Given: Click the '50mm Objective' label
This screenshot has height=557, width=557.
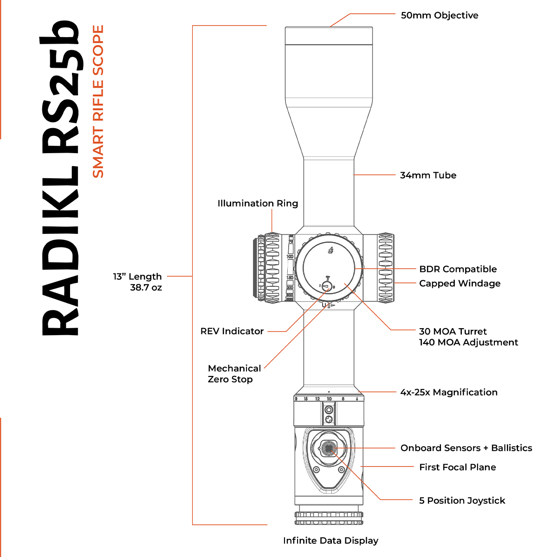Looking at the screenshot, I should click(x=439, y=15).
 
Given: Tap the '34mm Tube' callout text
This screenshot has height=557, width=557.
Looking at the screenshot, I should click(x=428, y=175).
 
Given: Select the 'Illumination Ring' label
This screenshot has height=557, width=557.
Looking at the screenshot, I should click(x=258, y=203).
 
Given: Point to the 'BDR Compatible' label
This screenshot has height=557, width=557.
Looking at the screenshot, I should click(x=458, y=269).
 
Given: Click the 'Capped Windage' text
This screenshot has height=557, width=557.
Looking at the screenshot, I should click(x=460, y=284).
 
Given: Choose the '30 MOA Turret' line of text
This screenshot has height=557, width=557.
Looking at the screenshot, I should click(x=453, y=331).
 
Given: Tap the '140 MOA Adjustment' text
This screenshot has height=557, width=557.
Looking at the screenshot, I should click(x=468, y=343).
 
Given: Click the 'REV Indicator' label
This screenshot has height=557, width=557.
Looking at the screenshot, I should click(x=232, y=331).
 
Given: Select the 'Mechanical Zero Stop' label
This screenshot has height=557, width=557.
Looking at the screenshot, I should click(x=234, y=374).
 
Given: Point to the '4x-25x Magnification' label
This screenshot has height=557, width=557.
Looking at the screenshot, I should click(x=449, y=392).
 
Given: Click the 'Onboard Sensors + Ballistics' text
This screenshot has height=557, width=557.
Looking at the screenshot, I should click(x=466, y=448).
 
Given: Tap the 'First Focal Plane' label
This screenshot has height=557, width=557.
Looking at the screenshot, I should click(x=457, y=467).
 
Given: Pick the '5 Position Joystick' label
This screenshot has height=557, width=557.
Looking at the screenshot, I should click(x=462, y=501).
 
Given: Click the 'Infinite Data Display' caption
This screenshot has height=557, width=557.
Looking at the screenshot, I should click(x=330, y=541).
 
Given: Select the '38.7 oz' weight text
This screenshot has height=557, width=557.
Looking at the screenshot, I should click(x=146, y=288).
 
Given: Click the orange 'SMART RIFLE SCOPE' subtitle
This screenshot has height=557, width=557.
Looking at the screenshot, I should click(x=98, y=101).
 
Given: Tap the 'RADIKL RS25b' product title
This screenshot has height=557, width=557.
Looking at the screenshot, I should click(x=60, y=179).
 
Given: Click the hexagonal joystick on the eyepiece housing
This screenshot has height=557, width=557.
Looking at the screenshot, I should click(x=329, y=448).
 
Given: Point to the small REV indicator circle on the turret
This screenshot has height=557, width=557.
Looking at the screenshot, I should click(x=327, y=286).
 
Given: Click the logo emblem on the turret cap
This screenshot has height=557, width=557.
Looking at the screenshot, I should click(x=330, y=251).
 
